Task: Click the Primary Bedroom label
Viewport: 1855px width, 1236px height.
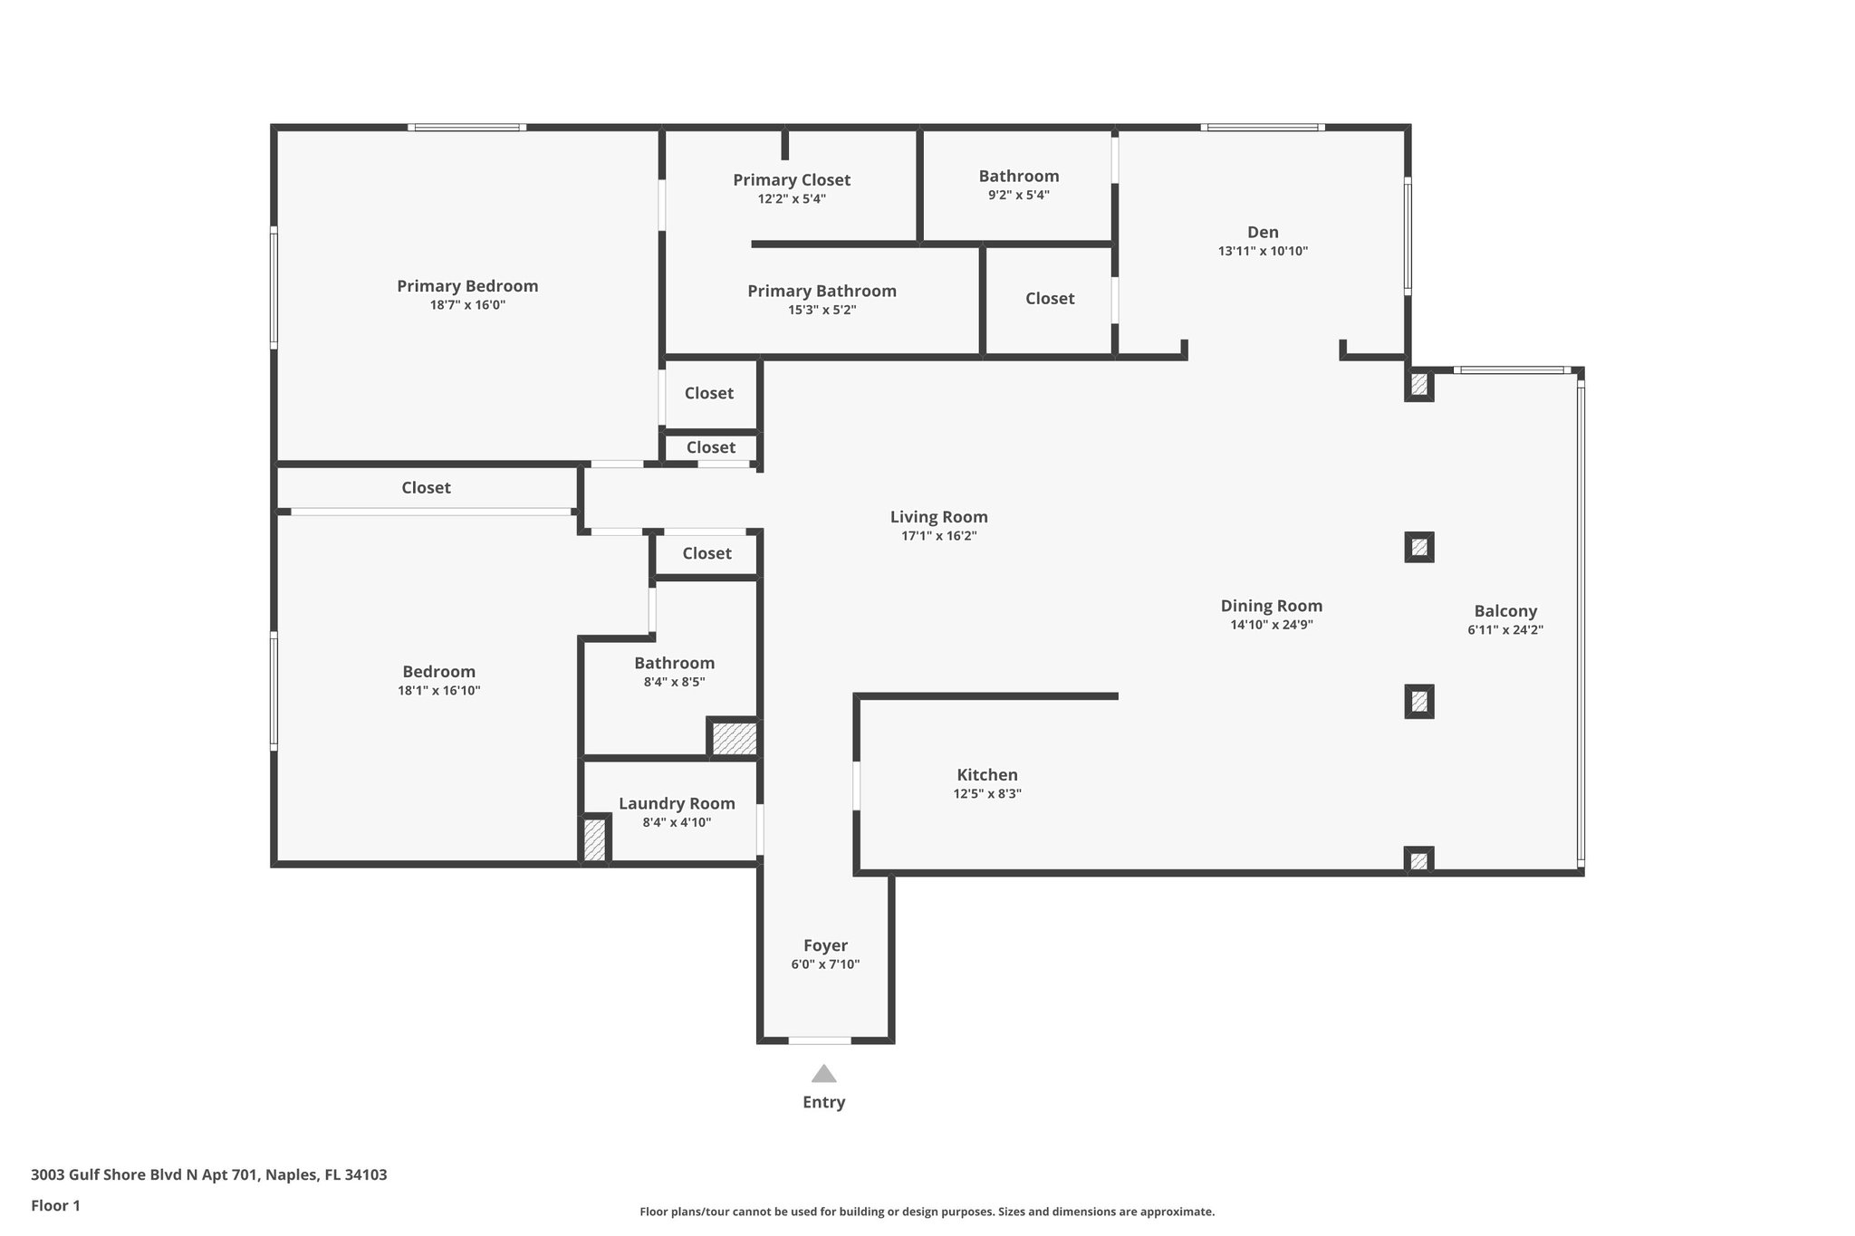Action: (x=467, y=286)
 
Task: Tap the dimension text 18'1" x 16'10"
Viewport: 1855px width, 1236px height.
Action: (x=439, y=691)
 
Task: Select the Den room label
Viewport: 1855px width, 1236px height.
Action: (x=1263, y=232)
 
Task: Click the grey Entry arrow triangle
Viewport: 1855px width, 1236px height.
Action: (x=823, y=1074)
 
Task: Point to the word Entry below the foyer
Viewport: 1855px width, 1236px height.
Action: (x=823, y=1102)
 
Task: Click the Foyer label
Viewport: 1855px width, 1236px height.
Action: (x=825, y=945)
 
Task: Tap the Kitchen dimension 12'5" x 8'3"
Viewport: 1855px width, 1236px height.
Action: (x=987, y=794)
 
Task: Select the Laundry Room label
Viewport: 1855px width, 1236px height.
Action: (x=677, y=803)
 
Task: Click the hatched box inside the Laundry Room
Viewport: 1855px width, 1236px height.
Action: (x=594, y=839)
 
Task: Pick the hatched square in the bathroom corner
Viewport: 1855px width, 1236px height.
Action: (x=734, y=738)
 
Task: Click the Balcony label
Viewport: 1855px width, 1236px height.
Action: (x=1505, y=610)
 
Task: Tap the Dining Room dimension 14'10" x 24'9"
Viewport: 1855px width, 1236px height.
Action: (x=1272, y=625)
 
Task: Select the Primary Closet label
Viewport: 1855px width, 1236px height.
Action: (x=792, y=179)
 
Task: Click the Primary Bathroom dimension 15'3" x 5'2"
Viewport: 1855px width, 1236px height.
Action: (x=822, y=310)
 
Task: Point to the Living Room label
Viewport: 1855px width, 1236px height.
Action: (x=938, y=516)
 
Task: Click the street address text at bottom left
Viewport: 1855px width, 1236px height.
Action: (x=208, y=1174)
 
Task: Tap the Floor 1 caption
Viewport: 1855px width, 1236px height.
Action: (x=55, y=1205)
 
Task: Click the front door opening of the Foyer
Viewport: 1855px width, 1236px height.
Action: (x=820, y=1040)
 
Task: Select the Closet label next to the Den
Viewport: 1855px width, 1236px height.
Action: (x=1050, y=298)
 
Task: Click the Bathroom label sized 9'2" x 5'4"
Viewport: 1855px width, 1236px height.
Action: (x=1018, y=176)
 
